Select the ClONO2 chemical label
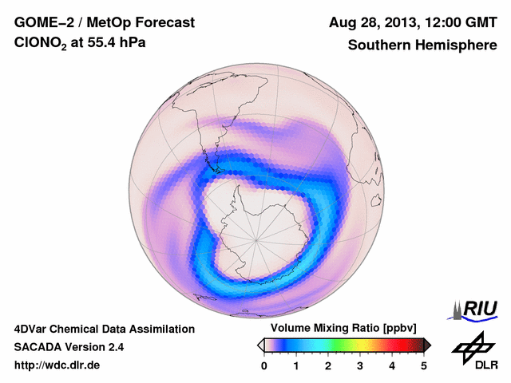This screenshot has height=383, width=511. [x=42, y=45]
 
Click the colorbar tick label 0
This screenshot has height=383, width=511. [x=264, y=365]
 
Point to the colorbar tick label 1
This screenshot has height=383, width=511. [x=296, y=365]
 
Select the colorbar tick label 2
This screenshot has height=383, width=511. [x=328, y=365]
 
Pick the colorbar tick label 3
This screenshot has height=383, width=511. [x=360, y=365]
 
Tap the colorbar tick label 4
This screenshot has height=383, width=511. [x=392, y=365]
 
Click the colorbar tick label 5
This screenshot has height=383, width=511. [x=424, y=365]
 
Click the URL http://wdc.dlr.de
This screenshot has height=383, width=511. [x=57, y=365]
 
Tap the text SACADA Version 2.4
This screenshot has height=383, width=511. [x=69, y=347]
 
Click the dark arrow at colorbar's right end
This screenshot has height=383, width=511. [x=427, y=345]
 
